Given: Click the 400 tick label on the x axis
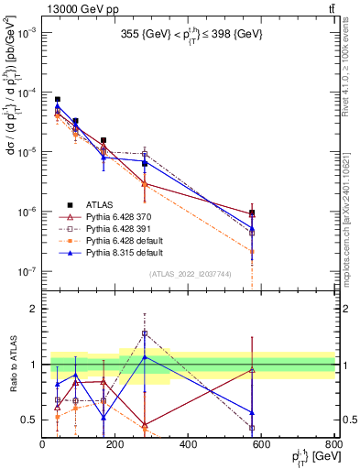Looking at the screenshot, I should coord(188,444).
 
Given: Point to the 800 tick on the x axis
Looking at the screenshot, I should coord(333,444).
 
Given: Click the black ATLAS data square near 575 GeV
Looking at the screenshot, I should coord(252,213).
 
